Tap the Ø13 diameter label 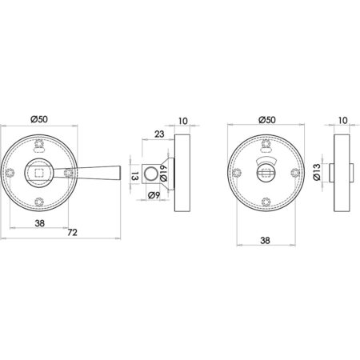tap(318, 171)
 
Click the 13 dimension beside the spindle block tap(135, 174)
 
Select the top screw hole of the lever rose tap(40, 145)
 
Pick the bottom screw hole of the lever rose tap(40, 202)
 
